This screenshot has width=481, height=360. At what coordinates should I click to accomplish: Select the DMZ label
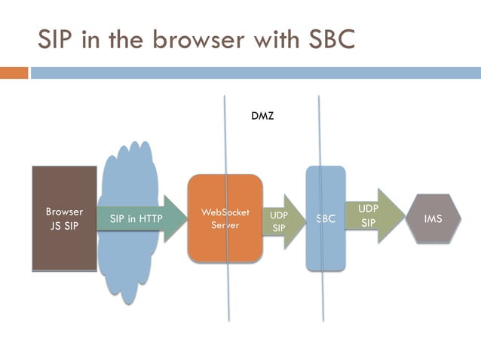(x=262, y=117)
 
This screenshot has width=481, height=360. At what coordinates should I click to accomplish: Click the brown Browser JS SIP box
(x=64, y=218)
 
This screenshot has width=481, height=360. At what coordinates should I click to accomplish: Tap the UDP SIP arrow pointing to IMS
(x=370, y=215)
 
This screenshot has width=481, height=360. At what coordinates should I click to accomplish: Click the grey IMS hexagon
(x=433, y=219)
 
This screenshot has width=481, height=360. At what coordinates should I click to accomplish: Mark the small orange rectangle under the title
(x=14, y=73)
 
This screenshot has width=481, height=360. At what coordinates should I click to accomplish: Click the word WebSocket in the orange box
(x=225, y=212)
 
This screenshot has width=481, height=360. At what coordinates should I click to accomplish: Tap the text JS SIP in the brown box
(x=64, y=225)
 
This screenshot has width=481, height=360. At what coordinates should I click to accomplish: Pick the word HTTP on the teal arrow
(x=149, y=219)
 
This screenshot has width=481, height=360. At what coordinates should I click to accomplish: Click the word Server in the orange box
(x=225, y=225)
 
